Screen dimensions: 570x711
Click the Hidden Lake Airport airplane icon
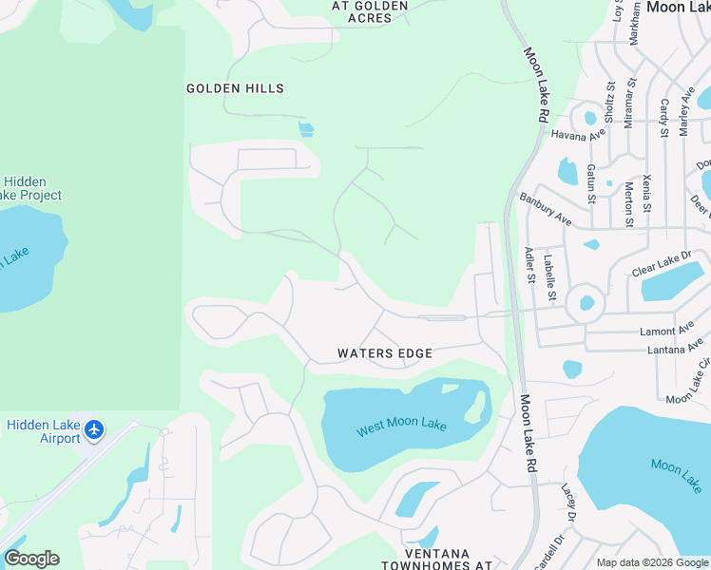pos(93,430)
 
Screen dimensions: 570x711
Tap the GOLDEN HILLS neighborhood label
pos(235,88)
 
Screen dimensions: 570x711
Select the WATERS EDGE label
pos(385,353)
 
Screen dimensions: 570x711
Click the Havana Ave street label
pos(578,133)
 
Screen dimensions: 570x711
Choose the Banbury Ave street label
pos(546,210)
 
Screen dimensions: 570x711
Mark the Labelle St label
pos(549,276)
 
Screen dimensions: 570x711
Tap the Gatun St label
pos(590,183)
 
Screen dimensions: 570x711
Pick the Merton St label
pos(628,203)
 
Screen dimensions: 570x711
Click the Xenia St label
pos(647,193)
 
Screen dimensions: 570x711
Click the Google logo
pos(31,559)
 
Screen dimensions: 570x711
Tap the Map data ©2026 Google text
pos(652,562)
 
